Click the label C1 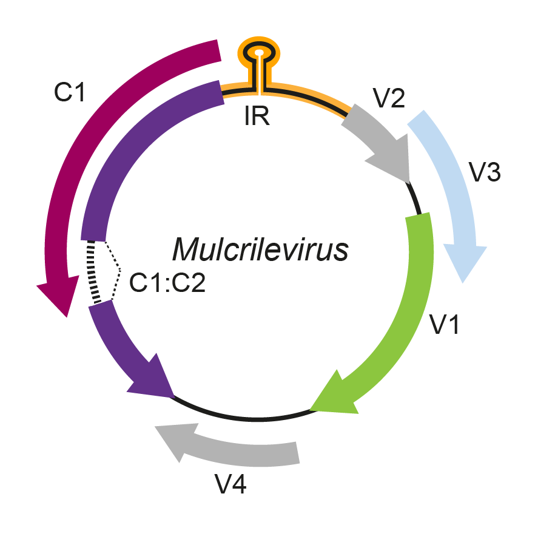71,92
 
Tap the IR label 257,115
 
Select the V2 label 389,98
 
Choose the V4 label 231,485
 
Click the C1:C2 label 168,283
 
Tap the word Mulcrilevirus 261,249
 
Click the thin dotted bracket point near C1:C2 120,269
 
